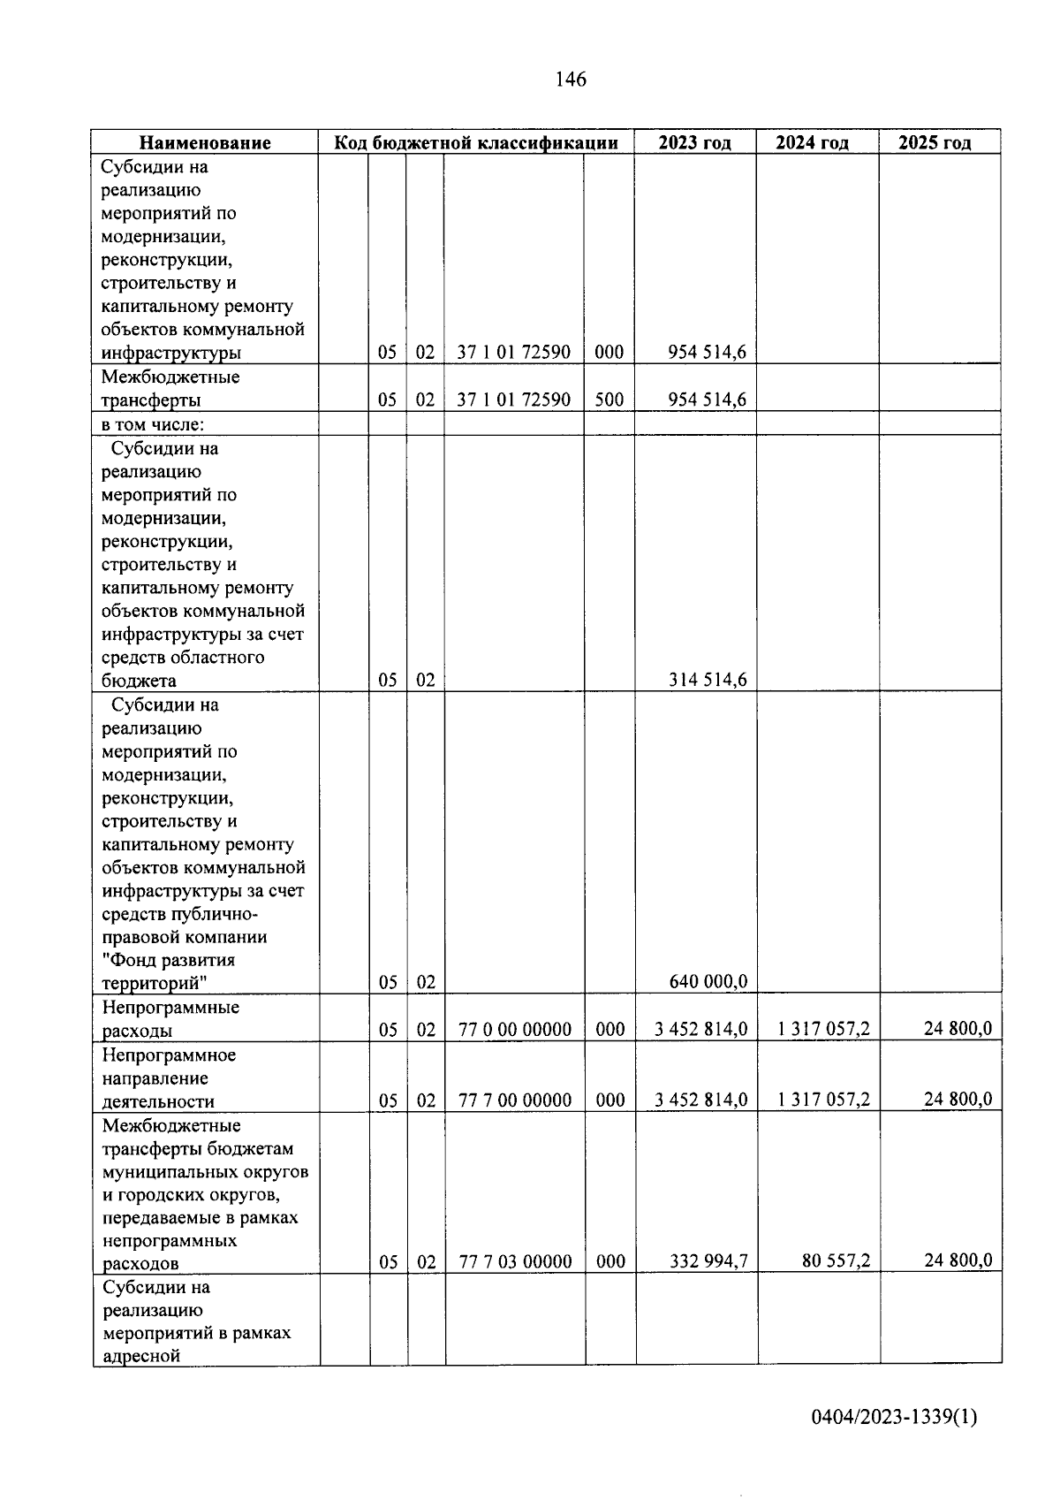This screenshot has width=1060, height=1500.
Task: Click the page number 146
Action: click(571, 80)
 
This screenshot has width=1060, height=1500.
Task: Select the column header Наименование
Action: click(205, 143)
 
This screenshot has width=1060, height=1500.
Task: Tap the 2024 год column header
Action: click(812, 143)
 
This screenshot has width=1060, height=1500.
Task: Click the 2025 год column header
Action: click(935, 143)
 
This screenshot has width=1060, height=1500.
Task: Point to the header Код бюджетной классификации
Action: click(475, 143)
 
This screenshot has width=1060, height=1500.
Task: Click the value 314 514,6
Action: click(708, 680)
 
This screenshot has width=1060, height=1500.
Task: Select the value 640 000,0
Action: click(708, 981)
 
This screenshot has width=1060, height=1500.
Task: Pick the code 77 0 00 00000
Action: click(515, 1029)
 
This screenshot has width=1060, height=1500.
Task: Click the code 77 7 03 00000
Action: click(515, 1261)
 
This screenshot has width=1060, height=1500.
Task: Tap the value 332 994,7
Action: click(708, 1260)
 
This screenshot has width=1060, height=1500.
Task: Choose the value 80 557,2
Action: click(836, 1260)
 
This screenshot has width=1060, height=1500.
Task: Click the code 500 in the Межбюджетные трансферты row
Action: click(609, 400)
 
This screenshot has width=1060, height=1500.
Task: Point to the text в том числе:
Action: click(152, 424)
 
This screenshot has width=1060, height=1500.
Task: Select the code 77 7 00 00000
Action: click(515, 1100)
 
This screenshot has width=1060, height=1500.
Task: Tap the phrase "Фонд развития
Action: click(169, 960)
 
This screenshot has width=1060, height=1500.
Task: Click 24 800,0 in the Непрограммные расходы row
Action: click(958, 1028)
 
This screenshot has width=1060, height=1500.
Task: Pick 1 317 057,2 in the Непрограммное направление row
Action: click(823, 1100)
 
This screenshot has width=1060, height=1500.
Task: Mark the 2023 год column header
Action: click(694, 143)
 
